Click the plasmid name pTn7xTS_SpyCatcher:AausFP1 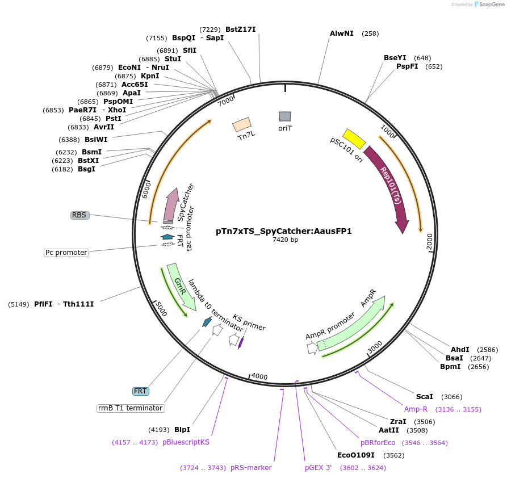click(x=284, y=231)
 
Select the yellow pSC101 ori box click(x=354, y=139)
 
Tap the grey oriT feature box click(x=285, y=116)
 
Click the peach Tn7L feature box click(x=242, y=124)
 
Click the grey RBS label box click(x=79, y=215)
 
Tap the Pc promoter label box click(x=66, y=253)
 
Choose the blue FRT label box click(x=140, y=391)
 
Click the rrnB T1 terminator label click(x=131, y=408)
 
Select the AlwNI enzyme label click(x=342, y=33)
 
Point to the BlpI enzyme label click(x=182, y=430)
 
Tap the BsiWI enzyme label click(x=96, y=139)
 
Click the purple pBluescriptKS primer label click(x=186, y=442)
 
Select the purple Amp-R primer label click(x=416, y=409)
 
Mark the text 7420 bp click(x=285, y=240)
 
